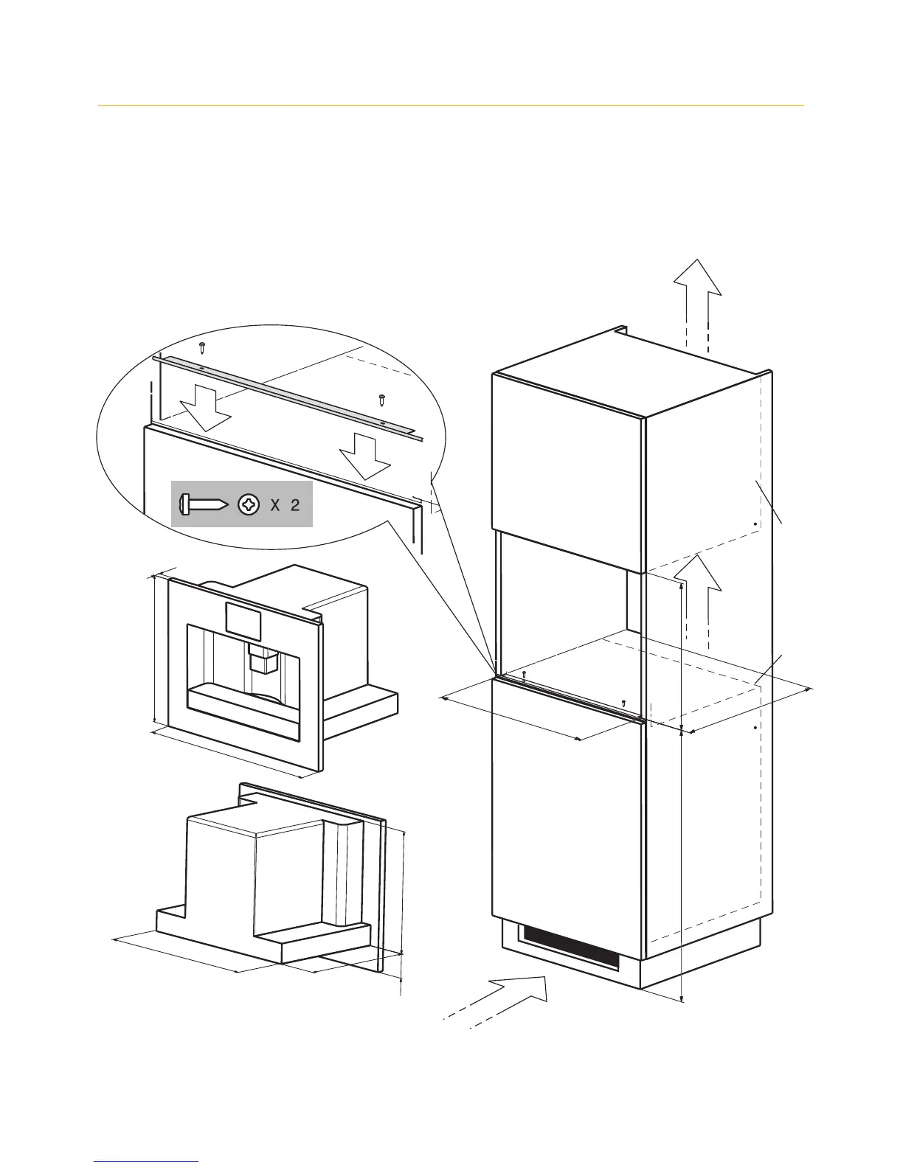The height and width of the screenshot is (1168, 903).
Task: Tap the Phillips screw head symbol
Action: [x=249, y=505]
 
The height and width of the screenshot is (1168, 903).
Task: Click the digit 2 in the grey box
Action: [x=294, y=505]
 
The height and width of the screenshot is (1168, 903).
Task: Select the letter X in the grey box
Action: [x=274, y=505]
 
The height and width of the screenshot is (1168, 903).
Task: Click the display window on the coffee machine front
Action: [x=244, y=620]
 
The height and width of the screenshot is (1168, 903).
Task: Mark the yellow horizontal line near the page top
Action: [x=451, y=106]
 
